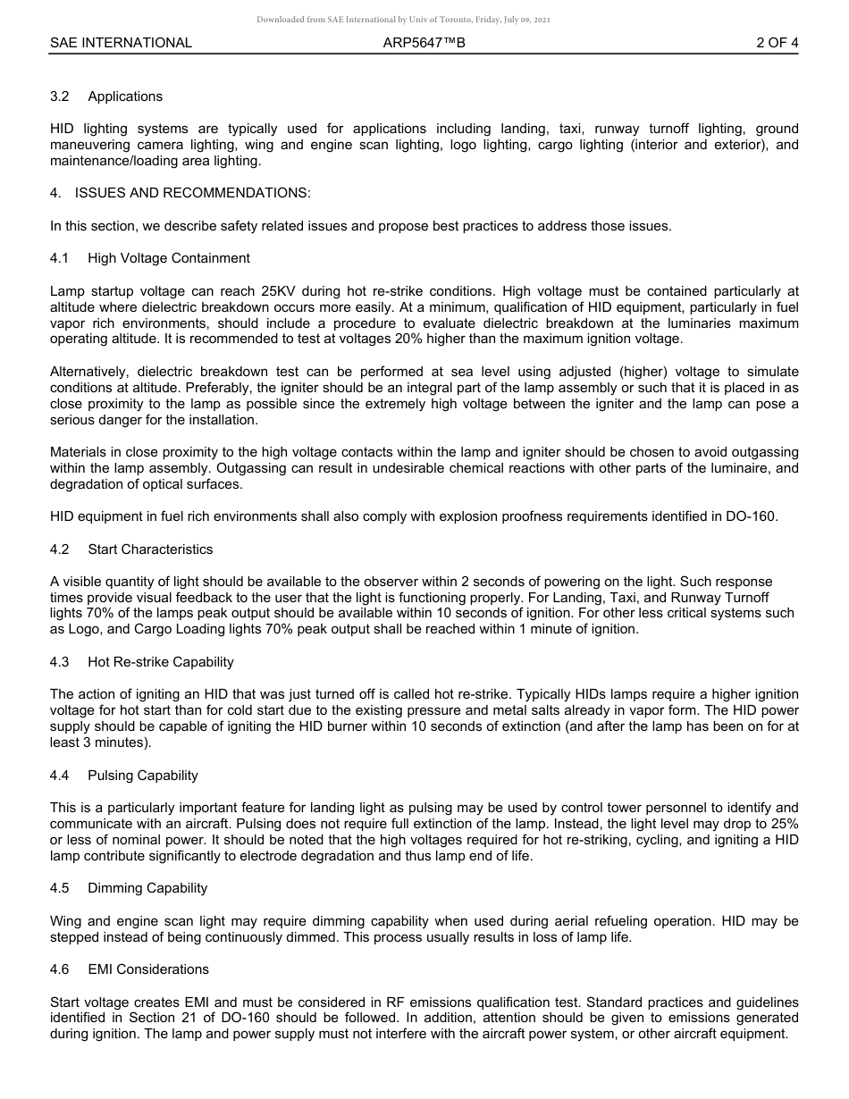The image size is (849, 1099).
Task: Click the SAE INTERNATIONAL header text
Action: pyautogui.click(x=121, y=43)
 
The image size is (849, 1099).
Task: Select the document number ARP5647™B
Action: pyautogui.click(x=424, y=43)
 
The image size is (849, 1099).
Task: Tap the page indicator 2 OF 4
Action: pyautogui.click(x=777, y=43)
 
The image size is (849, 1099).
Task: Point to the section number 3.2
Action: pyautogui.click(x=60, y=96)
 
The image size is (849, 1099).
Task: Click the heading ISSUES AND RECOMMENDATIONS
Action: pyautogui.click(x=193, y=193)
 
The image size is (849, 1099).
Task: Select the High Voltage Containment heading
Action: pyautogui.click(x=169, y=258)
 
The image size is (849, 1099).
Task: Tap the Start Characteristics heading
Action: pyautogui.click(x=150, y=549)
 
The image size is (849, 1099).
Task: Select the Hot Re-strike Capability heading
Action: pyautogui.click(x=161, y=662)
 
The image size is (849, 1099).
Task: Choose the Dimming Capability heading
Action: pyautogui.click(x=147, y=888)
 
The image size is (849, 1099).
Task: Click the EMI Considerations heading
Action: pyautogui.click(x=148, y=969)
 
